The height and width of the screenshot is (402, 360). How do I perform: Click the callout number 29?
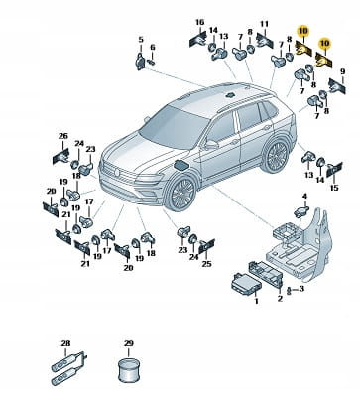pyautogui.click(x=129, y=343)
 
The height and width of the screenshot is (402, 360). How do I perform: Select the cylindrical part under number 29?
pyautogui.click(x=129, y=370)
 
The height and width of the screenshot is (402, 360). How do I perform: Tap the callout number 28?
pyautogui.click(x=65, y=343)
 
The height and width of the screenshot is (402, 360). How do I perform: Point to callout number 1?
pyautogui.click(x=256, y=301)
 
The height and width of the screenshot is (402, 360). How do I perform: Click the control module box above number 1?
pyautogui.click(x=246, y=284)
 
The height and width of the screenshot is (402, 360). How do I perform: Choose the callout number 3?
pyautogui.click(x=301, y=289)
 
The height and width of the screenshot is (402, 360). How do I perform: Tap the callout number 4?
pyautogui.click(x=304, y=197)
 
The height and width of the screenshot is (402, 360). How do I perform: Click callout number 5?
pyautogui.click(x=141, y=40)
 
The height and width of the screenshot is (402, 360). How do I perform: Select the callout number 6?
pyautogui.click(x=153, y=48)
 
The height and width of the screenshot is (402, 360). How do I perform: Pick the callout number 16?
pyautogui.click(x=200, y=22)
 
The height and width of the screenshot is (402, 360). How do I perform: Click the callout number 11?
pyautogui.click(x=264, y=24)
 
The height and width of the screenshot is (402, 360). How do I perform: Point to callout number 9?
pyautogui.click(x=342, y=71)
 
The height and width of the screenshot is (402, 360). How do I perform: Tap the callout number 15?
pyautogui.click(x=334, y=188)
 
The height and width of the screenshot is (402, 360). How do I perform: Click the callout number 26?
pyautogui.click(x=63, y=136)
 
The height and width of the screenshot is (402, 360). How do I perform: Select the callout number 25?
pyautogui.click(x=207, y=264)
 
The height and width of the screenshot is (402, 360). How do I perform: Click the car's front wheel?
pyautogui.click(x=181, y=193)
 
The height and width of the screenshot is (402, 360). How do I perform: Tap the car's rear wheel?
pyautogui.click(x=277, y=156)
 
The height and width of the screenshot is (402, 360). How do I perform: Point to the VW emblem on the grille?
pyautogui.click(x=117, y=172)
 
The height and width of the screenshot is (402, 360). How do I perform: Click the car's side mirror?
pyautogui.click(x=211, y=144)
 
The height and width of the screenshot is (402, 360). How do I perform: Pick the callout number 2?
pyautogui.click(x=280, y=299)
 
